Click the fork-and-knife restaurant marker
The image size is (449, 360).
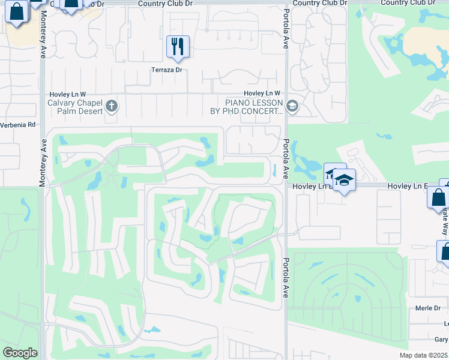(178, 46)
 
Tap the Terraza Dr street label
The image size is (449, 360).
(166, 70)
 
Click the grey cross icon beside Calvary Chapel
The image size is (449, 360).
(112, 107)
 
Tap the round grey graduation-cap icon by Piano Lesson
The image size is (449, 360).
(292, 107)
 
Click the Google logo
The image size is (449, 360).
(20, 353)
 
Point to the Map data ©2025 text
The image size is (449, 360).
(423, 355)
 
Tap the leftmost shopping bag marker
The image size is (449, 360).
(17, 11)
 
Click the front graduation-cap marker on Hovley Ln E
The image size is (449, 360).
(345, 180)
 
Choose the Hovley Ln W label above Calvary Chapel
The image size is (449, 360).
(67, 94)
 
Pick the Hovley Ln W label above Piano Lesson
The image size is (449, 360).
(262, 94)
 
